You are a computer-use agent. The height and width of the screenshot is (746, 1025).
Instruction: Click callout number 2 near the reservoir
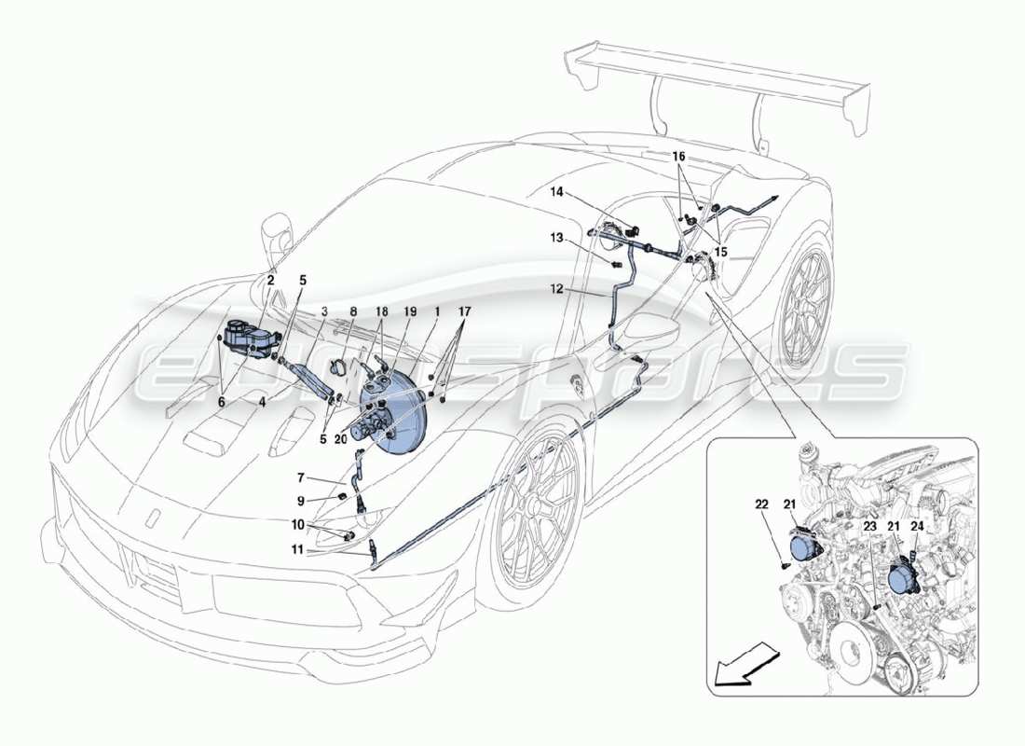[x=271, y=279]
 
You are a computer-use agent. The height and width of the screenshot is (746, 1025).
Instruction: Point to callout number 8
[x=353, y=311]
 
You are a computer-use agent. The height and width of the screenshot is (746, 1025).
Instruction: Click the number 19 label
[x=409, y=311]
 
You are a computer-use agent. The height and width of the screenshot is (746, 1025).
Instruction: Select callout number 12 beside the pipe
[x=555, y=289]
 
